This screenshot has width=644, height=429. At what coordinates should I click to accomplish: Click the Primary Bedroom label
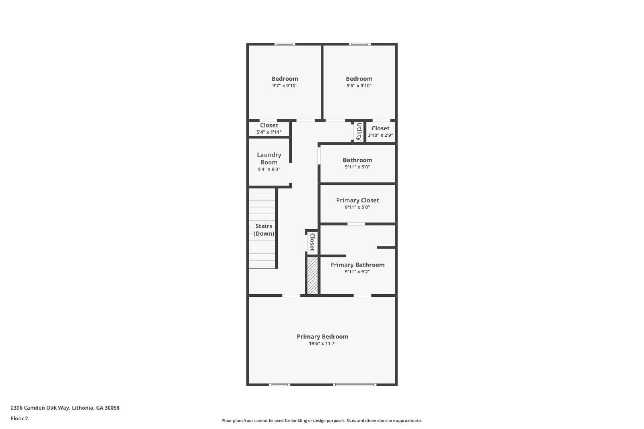(x=322, y=337)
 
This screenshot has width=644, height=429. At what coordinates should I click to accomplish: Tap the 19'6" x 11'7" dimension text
(x=322, y=344)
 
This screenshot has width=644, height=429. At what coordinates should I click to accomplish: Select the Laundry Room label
(x=269, y=158)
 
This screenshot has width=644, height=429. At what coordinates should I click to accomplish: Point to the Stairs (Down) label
(x=264, y=230)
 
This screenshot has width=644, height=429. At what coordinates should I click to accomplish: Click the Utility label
(x=359, y=131)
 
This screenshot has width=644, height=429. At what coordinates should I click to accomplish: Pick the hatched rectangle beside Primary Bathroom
(x=312, y=275)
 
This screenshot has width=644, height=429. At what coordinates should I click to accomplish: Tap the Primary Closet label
(x=357, y=200)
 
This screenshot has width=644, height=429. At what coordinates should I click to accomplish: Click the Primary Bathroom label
(x=357, y=265)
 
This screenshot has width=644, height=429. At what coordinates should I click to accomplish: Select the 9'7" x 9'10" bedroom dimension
(x=285, y=86)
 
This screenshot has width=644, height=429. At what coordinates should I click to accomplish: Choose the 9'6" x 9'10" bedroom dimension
(x=359, y=86)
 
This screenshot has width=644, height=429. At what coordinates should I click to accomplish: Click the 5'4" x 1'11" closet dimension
(x=269, y=132)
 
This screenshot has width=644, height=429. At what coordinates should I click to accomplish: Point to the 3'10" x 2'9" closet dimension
(x=380, y=135)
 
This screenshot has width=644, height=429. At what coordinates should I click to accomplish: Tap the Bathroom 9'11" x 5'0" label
(x=357, y=160)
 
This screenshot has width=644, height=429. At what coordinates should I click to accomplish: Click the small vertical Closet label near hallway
(x=312, y=242)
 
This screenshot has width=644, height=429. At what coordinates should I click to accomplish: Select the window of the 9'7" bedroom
(x=285, y=44)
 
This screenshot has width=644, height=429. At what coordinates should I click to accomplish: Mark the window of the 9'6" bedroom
(x=359, y=44)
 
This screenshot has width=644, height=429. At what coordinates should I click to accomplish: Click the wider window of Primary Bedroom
(x=355, y=385)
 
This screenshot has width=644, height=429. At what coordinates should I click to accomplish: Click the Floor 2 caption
(x=19, y=419)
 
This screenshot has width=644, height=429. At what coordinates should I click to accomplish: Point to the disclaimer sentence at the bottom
(x=322, y=421)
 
